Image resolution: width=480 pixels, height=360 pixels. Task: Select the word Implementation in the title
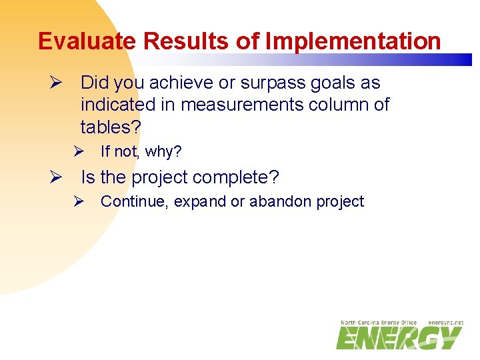click(x=353, y=41)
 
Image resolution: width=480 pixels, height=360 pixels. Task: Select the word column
click(x=339, y=105)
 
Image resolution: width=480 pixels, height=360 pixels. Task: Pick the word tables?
click(x=111, y=126)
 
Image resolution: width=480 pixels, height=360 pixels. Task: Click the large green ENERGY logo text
click(x=398, y=338)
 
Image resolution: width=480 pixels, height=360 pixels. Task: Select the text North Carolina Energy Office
click(x=378, y=323)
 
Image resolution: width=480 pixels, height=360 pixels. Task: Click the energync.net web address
click(x=445, y=323)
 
